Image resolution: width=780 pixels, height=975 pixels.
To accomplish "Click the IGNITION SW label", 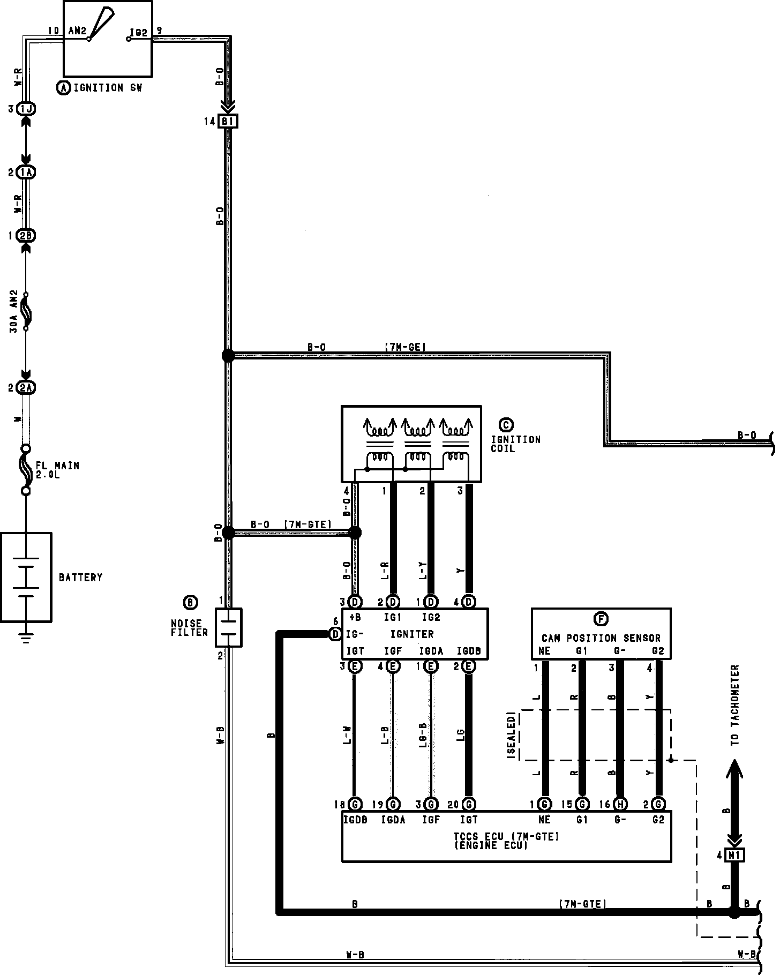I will [x=107, y=88].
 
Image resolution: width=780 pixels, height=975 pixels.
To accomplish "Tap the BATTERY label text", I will [x=80, y=577].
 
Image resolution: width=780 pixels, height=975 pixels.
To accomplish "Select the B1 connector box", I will [x=228, y=122].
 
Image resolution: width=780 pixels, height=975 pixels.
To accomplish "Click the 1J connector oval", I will [x=26, y=109].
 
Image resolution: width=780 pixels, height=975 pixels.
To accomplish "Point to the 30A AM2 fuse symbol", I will [x=26, y=312].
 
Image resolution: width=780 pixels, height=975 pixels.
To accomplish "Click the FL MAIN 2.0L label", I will [x=57, y=470].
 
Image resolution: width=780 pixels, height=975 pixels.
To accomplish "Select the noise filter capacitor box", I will [x=229, y=627].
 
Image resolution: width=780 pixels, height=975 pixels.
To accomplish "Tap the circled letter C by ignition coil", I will [x=505, y=425].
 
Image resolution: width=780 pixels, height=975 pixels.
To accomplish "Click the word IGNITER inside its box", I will [x=411, y=634].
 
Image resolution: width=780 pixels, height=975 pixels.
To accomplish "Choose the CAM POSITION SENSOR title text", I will [x=601, y=638].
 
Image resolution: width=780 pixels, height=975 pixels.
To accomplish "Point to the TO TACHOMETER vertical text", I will [x=734, y=705].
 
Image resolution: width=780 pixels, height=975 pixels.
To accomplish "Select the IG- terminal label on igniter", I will [x=355, y=634].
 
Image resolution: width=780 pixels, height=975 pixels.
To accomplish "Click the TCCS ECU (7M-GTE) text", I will [x=506, y=837].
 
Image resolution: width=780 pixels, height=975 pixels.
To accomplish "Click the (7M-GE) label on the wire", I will [x=405, y=347].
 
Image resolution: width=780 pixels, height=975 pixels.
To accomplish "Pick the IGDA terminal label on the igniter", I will [x=431, y=651].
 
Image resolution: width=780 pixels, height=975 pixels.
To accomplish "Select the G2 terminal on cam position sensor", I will [x=658, y=652].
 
